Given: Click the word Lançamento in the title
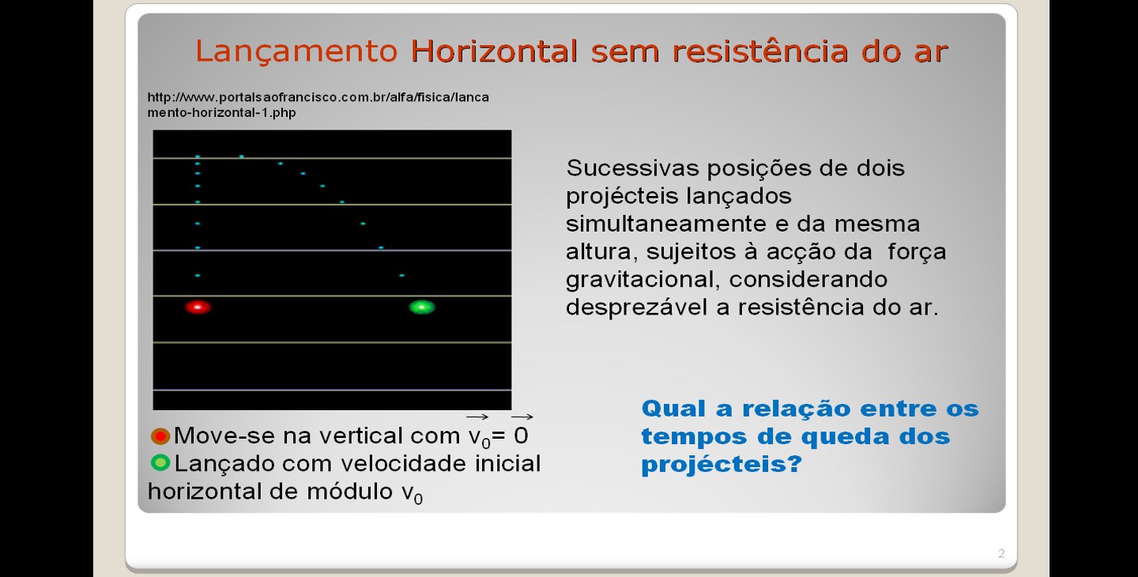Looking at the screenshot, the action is click(x=296, y=52).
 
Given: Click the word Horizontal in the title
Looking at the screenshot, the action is click(x=494, y=51).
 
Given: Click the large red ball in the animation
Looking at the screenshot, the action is click(x=198, y=307).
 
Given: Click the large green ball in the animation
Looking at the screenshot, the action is click(x=422, y=307).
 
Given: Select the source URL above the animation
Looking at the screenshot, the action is click(x=318, y=104).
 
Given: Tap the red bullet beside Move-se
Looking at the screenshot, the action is click(x=160, y=436).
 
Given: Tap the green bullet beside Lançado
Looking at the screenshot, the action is click(x=160, y=462).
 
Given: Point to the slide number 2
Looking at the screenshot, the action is click(x=1000, y=553).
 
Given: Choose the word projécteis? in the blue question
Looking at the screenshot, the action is click(x=722, y=464).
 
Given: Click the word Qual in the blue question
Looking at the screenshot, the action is click(x=673, y=409).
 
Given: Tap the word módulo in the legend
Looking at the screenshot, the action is click(x=349, y=491).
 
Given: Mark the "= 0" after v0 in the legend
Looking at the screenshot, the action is click(x=510, y=436).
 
